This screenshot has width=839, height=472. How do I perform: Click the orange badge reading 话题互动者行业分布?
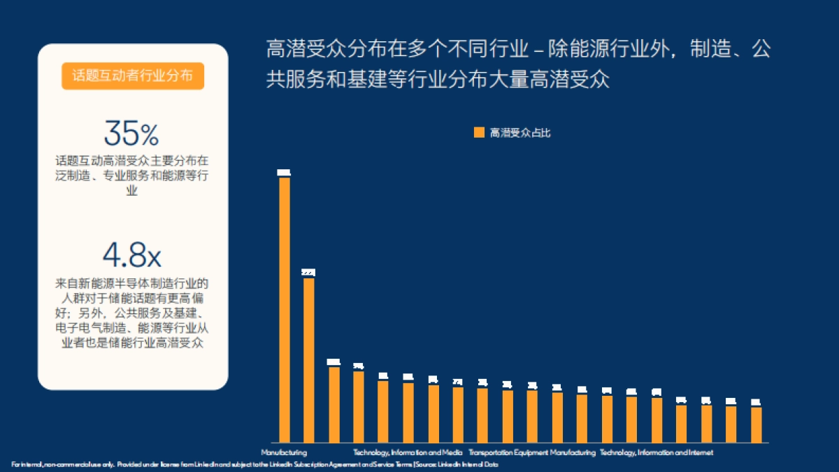coord(133,76)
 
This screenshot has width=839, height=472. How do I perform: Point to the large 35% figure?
coord(131,133)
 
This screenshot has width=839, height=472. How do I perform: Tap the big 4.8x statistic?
coord(131,256)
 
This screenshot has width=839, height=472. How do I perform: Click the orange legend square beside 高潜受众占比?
coord(479,132)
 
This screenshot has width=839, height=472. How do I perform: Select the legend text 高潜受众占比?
coord(520,132)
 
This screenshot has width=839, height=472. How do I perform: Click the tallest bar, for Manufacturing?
coord(285,308)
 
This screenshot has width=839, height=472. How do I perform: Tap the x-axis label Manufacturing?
coord(284,452)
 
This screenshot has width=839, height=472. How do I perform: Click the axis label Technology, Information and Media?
coord(408,452)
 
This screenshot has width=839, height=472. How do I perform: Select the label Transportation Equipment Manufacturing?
coord(532,452)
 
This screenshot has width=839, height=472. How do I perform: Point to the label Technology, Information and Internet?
coord(657,452)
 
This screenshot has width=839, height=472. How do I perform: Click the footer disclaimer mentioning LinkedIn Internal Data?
coord(254,464)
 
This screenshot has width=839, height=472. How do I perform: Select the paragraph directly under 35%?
coord(131,175)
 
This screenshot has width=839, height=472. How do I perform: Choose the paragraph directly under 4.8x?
coord(131,314)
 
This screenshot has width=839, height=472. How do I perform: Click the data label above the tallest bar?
coord(284,172)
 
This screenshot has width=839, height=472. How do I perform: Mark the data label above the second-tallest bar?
coord(308,272)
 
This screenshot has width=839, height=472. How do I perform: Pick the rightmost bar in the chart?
coord(756,424)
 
